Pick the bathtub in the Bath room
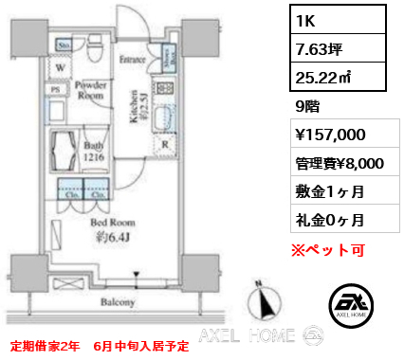pos(66,151)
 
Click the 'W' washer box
pos(59,67)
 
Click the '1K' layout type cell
pos(312,20)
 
